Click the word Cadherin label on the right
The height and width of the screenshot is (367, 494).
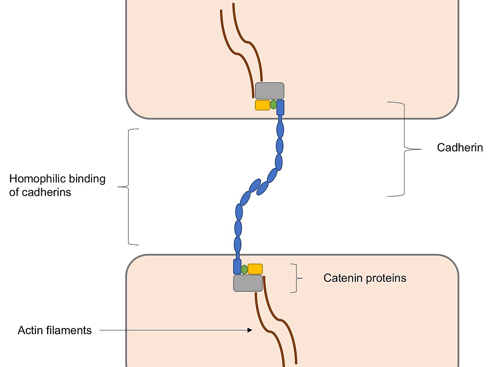[460, 148]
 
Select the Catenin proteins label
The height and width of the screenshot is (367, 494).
[365, 278]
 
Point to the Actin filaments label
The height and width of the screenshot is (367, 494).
[55, 330]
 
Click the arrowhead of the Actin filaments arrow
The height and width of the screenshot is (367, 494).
[250, 330]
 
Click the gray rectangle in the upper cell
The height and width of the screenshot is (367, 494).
[269, 91]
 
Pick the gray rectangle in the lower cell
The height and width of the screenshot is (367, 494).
[248, 283]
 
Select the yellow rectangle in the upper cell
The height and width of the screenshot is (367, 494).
[262, 105]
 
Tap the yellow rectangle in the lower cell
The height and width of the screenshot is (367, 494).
[255, 269]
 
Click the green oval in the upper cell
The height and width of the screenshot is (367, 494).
[273, 104]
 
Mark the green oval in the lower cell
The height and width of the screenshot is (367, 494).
[244, 269]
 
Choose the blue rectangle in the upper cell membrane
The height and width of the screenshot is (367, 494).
[281, 108]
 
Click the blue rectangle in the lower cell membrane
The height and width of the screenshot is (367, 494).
[237, 267]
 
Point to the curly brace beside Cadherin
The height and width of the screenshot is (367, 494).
[404, 149]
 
